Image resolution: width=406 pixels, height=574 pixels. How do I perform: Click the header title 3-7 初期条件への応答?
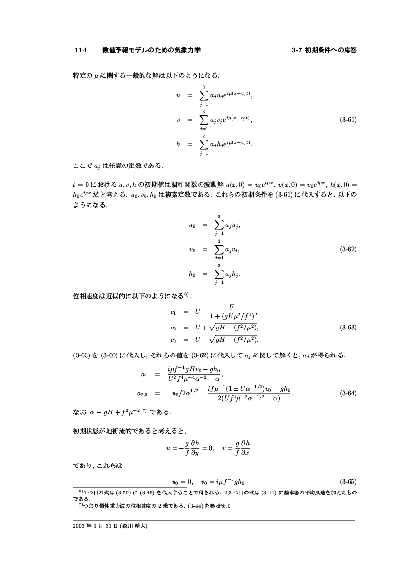[x=324, y=50]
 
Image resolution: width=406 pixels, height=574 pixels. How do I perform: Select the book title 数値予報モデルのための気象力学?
[x=151, y=50]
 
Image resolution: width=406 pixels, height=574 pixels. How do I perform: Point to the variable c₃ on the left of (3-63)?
[x=173, y=339]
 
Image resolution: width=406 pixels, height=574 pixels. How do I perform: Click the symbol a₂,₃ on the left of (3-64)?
[x=143, y=394]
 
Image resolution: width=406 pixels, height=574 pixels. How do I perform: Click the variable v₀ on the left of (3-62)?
[x=192, y=250]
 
